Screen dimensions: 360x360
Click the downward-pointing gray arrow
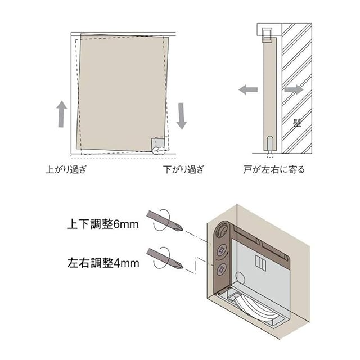tap(181, 115)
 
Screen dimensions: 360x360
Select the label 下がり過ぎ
tap(183, 169)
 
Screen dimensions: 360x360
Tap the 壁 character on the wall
tap(297, 122)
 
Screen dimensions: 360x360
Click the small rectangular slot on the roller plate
tap(260, 263)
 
